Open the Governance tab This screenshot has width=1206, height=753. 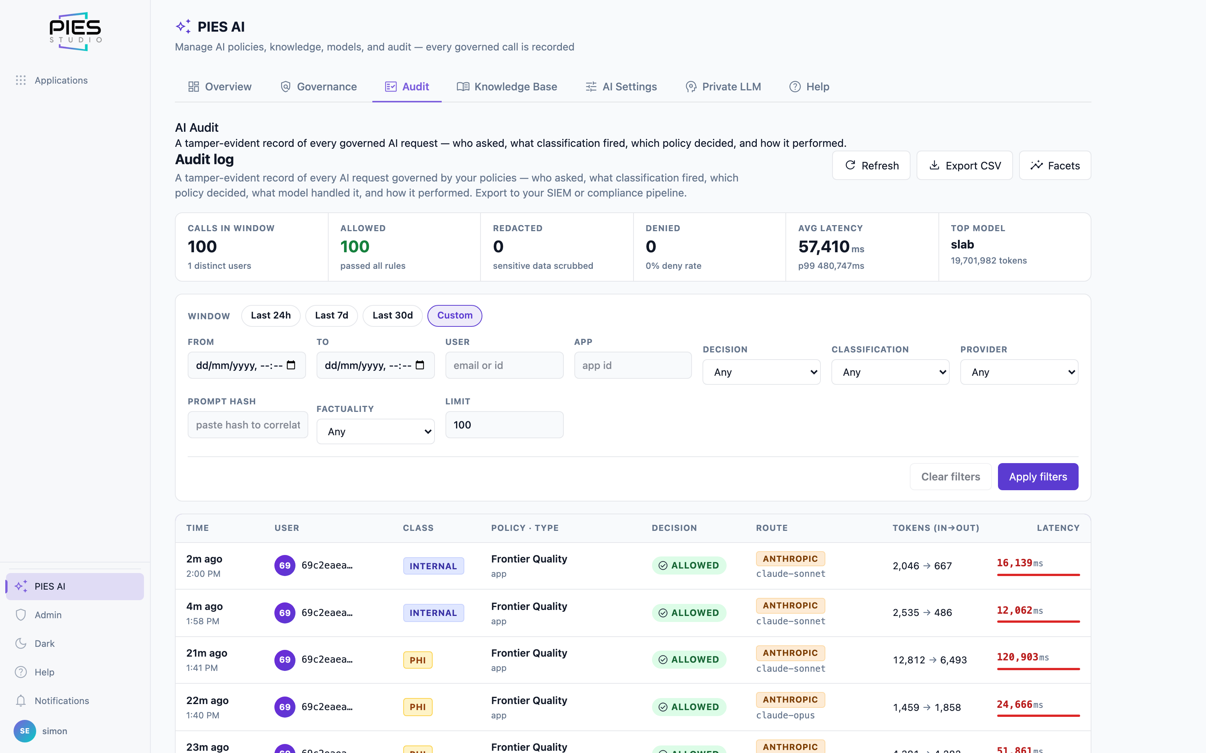[x=319, y=87]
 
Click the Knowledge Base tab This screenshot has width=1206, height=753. [x=507, y=87]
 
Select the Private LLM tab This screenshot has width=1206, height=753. [x=723, y=87]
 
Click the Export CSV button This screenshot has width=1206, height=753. [x=964, y=165]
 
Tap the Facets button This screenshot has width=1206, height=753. [x=1055, y=165]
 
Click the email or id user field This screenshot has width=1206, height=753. [x=504, y=366]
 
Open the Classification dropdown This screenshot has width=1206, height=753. [x=890, y=372]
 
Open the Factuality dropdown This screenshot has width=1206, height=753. [x=375, y=431]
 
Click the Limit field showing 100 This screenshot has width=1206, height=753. [x=504, y=425]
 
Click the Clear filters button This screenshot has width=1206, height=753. [x=950, y=477]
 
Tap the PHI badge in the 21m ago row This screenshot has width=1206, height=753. [x=418, y=660]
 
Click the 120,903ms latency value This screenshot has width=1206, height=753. [x=1022, y=657]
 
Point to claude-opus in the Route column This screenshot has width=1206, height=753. [x=785, y=715]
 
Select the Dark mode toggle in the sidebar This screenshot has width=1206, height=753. [x=44, y=643]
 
